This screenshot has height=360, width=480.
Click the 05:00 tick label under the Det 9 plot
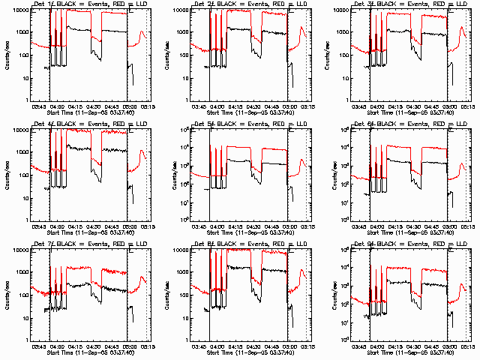[x=449, y=347]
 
